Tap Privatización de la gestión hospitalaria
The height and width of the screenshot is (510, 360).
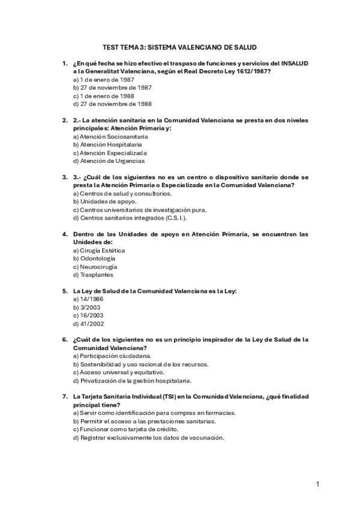pyautogui.click(x=132, y=380)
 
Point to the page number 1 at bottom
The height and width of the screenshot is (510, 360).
pyautogui.click(x=318, y=484)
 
